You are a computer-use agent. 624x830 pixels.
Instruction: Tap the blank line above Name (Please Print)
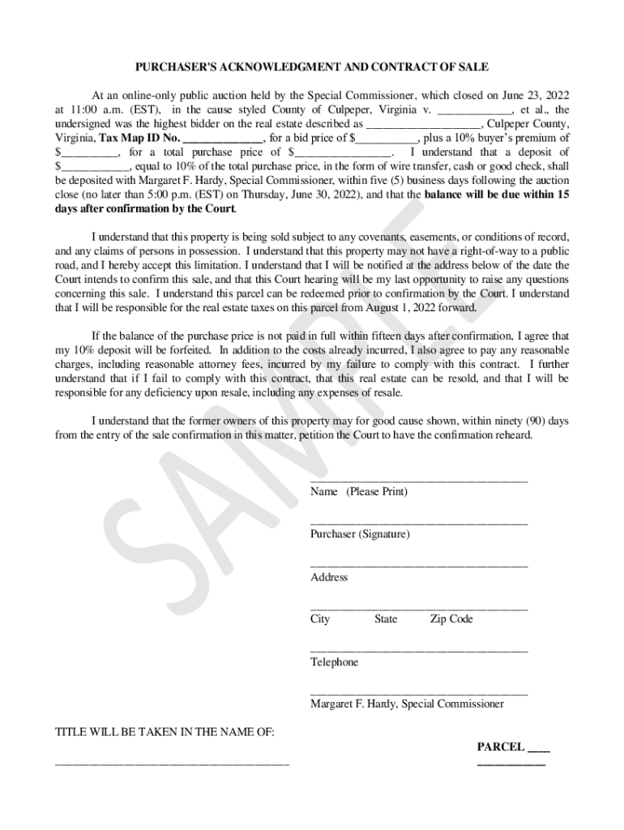(419, 481)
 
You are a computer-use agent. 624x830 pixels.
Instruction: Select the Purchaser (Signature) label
(360, 534)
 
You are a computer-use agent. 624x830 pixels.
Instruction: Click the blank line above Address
(419, 566)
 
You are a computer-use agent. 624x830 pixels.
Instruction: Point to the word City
(320, 619)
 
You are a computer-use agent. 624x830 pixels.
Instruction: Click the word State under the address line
(386, 619)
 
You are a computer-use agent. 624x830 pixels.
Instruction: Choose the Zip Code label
(451, 619)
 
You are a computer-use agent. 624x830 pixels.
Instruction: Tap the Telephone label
(334, 662)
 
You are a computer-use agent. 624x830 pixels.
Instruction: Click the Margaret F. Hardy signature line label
(407, 704)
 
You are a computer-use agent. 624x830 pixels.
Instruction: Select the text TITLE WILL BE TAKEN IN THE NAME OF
(165, 733)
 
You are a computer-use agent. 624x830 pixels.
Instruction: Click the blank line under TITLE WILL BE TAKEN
(172, 763)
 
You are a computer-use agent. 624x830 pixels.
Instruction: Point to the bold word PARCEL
(500, 747)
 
